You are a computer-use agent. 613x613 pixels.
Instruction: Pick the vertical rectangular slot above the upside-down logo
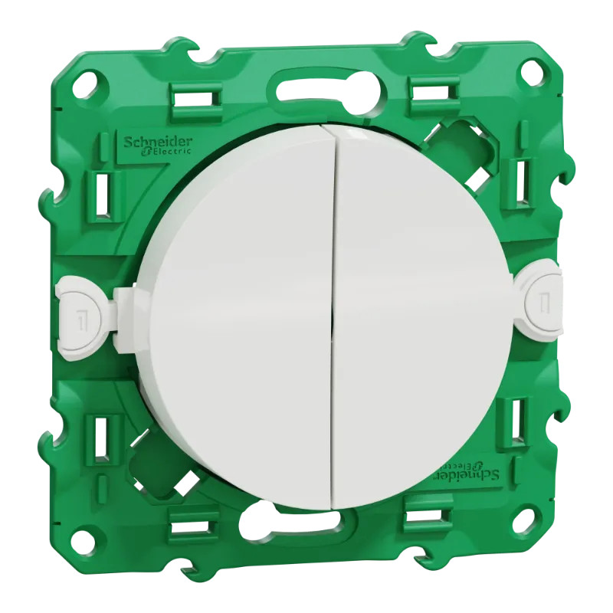click(518, 418)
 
